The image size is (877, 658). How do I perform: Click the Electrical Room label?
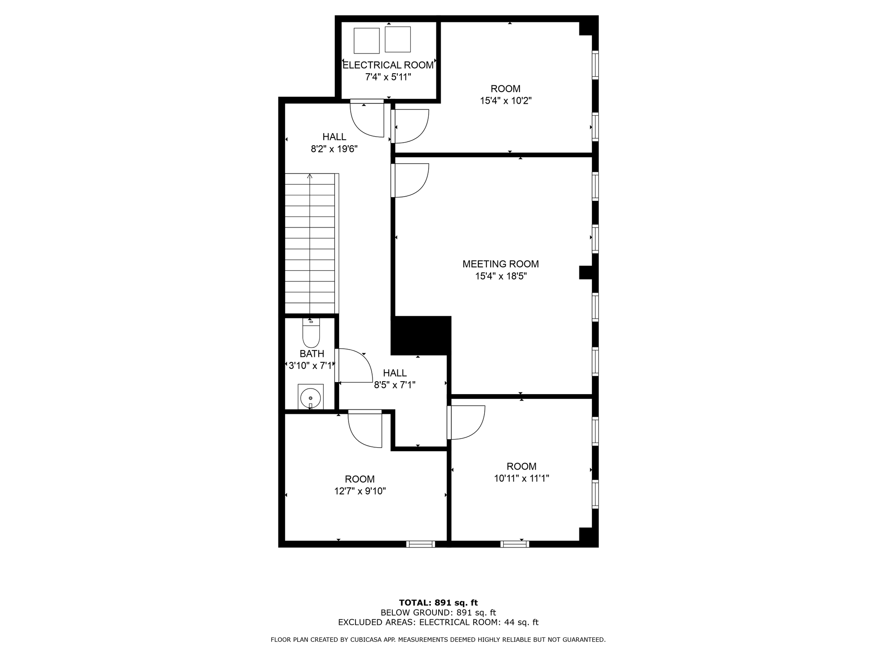[x=388, y=65]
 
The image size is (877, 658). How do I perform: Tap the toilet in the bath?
[x=311, y=334]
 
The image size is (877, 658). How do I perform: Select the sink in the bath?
[x=310, y=398]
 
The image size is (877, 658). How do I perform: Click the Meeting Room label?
[x=501, y=264]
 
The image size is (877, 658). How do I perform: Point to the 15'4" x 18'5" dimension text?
[x=501, y=276]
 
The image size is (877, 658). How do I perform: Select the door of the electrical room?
[x=367, y=119]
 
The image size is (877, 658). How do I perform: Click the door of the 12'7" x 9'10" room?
[x=365, y=428]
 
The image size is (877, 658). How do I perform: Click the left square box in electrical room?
[x=367, y=41]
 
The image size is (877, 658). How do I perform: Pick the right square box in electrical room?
[x=398, y=39]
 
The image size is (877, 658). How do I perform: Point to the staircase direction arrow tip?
[x=310, y=175]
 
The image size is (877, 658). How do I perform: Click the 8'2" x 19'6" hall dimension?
[x=334, y=149]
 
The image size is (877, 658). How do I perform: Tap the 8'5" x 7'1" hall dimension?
[x=394, y=385]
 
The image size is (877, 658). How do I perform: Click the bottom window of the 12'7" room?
[x=421, y=544]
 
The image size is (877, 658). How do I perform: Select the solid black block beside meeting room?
[x=421, y=335]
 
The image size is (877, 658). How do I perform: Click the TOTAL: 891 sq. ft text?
[x=438, y=603]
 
